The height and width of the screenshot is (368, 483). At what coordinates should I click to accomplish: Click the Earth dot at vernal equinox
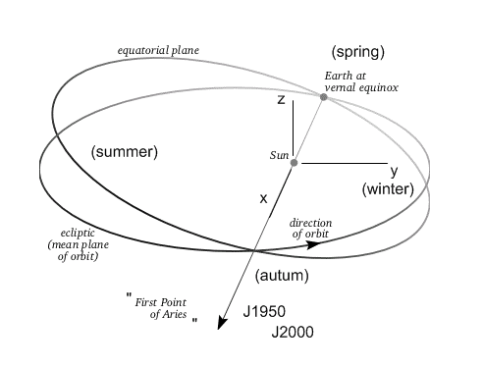[323, 95]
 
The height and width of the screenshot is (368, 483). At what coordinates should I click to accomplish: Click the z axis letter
[280, 99]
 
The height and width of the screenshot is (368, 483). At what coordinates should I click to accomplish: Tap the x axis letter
[263, 198]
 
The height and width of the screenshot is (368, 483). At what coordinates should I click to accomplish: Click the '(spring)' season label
[357, 51]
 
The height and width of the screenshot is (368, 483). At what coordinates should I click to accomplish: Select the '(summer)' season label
[124, 152]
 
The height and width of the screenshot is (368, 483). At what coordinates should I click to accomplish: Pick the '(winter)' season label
[388, 188]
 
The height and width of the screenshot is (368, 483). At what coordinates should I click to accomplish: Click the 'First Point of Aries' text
[162, 306]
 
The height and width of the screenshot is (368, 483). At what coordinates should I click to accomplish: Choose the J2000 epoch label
[292, 333]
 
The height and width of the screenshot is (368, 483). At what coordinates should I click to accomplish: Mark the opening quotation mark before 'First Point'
[128, 295]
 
